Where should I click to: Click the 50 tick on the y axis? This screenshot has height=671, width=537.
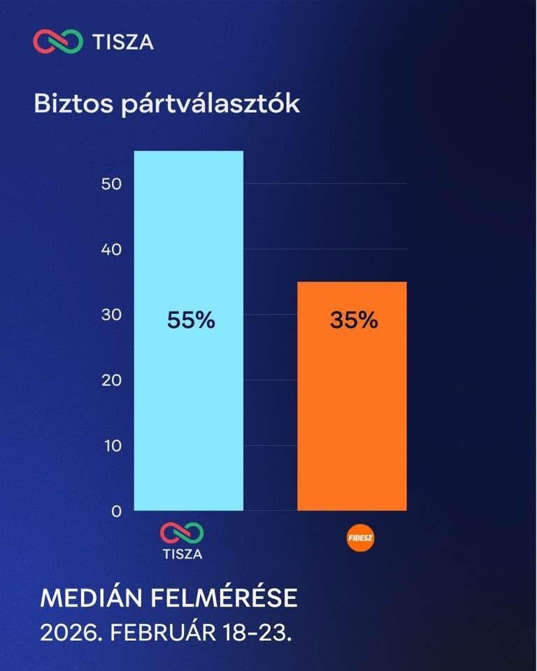pos(112,184)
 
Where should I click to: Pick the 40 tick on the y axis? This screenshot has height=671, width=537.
pos(112,250)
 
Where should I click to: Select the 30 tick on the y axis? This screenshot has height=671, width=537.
pos(112,315)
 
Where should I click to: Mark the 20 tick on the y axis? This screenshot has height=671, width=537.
pos(112,380)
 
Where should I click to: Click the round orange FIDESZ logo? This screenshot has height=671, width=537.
pos(361,539)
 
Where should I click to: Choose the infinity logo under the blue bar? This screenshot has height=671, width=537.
pos(182,533)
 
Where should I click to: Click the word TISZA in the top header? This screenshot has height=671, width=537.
pos(123,42)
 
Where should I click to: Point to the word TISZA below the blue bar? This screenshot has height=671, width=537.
pos(182,554)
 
